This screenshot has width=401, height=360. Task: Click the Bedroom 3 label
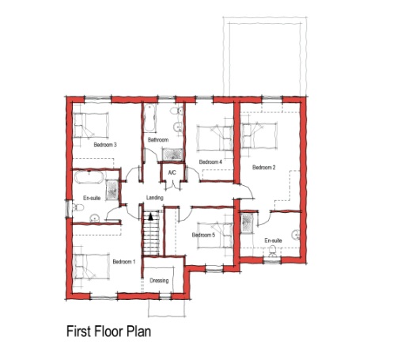[105, 145]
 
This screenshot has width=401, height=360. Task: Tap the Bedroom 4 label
[210, 161]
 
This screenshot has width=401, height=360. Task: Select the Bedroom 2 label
[264, 167]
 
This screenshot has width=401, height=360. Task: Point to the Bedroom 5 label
[203, 235]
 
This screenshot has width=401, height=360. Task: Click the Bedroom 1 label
[124, 262]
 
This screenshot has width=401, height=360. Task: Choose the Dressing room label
[159, 281]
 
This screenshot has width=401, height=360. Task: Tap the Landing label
[155, 198]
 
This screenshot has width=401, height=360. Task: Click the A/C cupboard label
[172, 172]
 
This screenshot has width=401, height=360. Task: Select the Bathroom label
[158, 140]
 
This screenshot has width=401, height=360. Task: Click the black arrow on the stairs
[150, 217]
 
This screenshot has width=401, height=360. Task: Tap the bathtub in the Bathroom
[149, 118]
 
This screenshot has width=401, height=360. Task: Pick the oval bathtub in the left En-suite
[89, 177]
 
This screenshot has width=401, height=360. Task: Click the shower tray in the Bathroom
[172, 154]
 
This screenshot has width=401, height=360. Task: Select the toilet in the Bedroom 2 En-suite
[272, 252]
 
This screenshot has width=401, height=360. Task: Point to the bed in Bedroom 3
[91, 126]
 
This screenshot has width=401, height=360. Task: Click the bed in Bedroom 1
[92, 267]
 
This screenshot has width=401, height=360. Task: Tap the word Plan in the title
[139, 332]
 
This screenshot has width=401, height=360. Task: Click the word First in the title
[78, 332]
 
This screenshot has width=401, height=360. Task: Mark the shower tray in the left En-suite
[112, 190]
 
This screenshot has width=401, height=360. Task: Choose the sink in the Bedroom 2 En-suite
[296, 235]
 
